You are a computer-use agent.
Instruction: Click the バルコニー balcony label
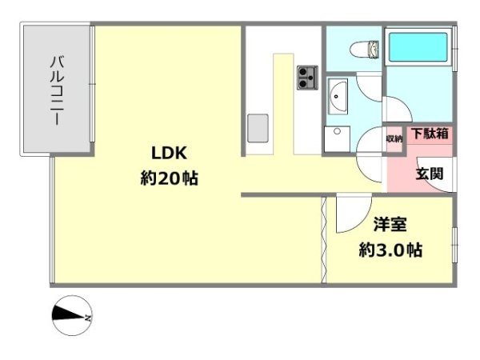coord(58,90)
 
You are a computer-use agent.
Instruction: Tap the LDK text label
coord(170,153)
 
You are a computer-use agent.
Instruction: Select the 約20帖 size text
coord(170,178)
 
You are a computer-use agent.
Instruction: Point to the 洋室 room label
coord(390,224)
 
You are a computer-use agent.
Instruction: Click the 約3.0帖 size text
coord(390,250)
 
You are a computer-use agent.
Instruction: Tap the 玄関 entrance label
coord(430,174)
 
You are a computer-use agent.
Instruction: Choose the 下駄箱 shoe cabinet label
coord(430,134)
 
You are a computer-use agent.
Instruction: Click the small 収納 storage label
coord(394,139)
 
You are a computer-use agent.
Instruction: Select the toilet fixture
coord(364,50)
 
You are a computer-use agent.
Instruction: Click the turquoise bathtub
coord(418,47)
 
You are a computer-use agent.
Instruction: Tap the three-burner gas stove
coord(307,78)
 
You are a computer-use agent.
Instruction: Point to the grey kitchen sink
coord(258,128)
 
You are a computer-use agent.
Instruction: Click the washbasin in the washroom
coord(338,97)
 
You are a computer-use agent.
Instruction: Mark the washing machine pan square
coord(337,138)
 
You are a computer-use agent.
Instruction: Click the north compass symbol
coord(72,316)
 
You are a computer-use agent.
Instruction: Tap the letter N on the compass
coord(88,318)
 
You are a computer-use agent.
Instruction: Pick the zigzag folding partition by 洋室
coord(324,240)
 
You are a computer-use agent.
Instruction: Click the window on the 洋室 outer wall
coord(454,245)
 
